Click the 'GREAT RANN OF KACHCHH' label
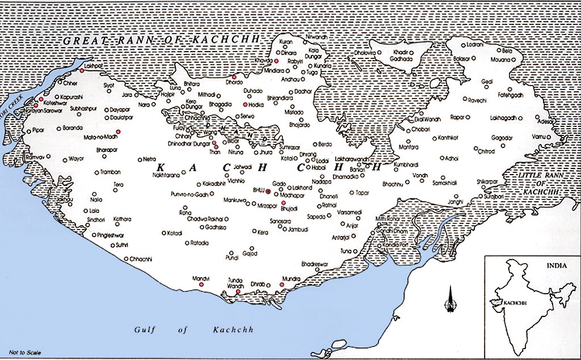[160, 40]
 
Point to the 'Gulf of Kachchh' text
[193, 330]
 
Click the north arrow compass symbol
[451, 300]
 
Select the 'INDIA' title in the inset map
[554, 265]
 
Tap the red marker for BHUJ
[268, 192]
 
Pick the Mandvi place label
[200, 279]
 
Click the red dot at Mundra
[283, 285]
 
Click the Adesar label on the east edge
[548, 122]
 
